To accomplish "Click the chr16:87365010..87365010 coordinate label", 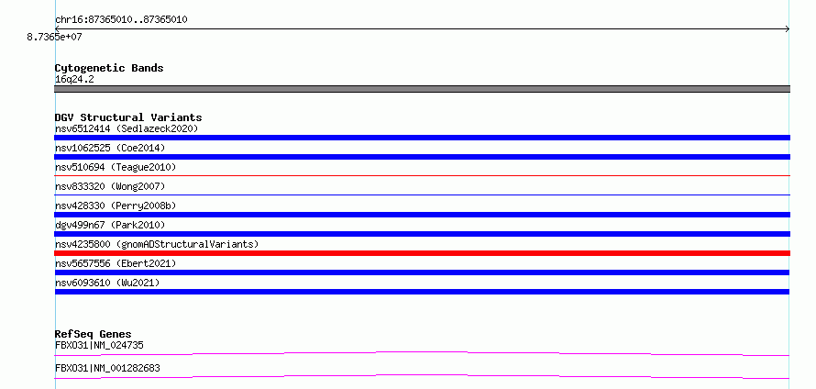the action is click(x=121, y=20).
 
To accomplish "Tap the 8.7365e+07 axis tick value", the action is click(x=54, y=37).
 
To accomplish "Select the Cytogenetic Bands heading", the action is click(x=109, y=68).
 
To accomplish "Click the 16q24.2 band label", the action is click(x=74, y=80).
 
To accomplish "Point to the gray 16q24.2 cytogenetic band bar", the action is click(x=422, y=89).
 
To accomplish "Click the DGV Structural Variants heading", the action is click(x=128, y=117).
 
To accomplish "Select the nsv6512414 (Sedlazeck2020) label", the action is click(x=127, y=128).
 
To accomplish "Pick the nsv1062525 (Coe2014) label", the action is click(x=110, y=148).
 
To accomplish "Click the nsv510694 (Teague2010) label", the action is click(x=116, y=167).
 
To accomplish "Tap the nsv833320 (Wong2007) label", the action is click(x=110, y=186).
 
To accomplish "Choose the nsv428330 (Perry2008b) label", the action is click(x=116, y=206).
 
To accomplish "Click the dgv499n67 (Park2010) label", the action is click(x=110, y=225).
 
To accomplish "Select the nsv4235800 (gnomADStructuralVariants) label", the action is click(x=157, y=244).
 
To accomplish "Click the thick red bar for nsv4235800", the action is click(x=422, y=253).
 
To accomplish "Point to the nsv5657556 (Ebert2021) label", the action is click(x=116, y=263).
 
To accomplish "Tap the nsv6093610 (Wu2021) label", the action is click(x=107, y=283).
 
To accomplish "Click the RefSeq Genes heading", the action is click(x=94, y=334).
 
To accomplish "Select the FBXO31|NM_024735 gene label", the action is click(x=99, y=345).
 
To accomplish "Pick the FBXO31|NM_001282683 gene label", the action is click(x=107, y=368).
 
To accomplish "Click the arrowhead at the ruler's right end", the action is click(x=788, y=29).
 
